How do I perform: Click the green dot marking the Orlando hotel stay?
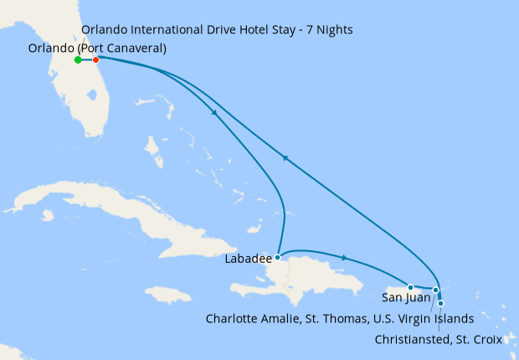click(x=78, y=59)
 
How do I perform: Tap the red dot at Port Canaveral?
click(x=96, y=59)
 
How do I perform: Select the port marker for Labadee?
click(x=277, y=258)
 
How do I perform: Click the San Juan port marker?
click(x=411, y=287)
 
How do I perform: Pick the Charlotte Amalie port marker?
click(x=435, y=291)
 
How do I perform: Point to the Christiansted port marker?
click(x=440, y=303)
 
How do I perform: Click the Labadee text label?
click(x=247, y=260)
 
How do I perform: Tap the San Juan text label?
click(x=406, y=297)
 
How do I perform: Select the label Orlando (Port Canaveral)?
click(x=97, y=49)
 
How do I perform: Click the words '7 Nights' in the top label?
click(x=327, y=30)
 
